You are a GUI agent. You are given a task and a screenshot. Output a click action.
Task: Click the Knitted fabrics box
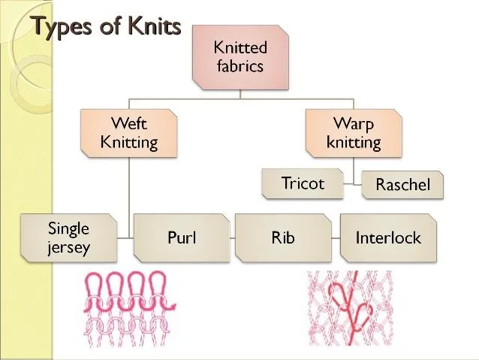point(240,58)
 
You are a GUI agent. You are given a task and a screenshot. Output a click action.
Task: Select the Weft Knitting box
point(129,133)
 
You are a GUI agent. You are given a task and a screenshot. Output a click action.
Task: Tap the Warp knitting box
point(354,133)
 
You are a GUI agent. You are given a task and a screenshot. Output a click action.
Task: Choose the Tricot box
point(303,183)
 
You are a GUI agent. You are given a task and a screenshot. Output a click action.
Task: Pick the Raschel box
point(402,184)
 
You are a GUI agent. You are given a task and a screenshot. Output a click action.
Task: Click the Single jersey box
point(69,238)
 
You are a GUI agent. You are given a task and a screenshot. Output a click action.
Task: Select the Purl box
point(182,238)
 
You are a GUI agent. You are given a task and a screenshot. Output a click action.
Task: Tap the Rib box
point(283,238)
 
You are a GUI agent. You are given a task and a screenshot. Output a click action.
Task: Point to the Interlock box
point(388,238)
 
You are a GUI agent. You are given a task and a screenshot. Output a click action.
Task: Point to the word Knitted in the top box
point(240,47)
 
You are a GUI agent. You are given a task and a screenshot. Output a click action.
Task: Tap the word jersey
point(69,248)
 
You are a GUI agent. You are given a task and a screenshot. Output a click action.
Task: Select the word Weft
point(129,123)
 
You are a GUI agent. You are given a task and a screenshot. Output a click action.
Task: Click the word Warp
point(354,124)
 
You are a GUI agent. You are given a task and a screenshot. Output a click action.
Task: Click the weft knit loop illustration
point(130,309)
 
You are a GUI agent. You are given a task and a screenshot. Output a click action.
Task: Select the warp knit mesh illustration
point(350,308)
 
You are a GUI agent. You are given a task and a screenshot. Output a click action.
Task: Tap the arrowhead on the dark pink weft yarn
point(173,306)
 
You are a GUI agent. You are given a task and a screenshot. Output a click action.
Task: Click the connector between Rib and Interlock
point(336,238)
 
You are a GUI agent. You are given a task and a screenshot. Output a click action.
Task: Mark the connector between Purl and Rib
point(233,238)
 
